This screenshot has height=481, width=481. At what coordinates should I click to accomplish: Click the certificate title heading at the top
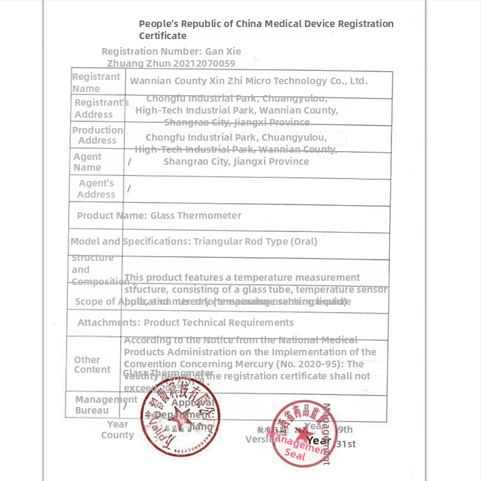[x=266, y=29]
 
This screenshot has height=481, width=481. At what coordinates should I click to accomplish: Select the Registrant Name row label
[x=96, y=82]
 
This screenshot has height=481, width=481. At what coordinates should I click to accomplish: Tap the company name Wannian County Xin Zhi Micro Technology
[x=248, y=81]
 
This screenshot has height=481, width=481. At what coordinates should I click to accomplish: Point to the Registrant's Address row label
[x=99, y=108]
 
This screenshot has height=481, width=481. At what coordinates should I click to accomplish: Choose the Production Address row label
[x=97, y=135]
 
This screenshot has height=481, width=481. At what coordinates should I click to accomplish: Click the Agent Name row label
[x=87, y=162]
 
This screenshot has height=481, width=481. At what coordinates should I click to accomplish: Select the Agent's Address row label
[x=96, y=188]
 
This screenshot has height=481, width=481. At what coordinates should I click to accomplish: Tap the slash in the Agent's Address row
[x=129, y=189]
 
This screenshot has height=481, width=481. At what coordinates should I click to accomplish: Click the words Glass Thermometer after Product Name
[x=195, y=215]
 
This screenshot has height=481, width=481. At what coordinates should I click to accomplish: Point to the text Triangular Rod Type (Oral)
[x=256, y=241]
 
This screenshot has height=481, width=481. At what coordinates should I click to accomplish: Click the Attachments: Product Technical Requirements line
[x=185, y=322]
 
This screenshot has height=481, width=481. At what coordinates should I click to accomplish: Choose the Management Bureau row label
[x=96, y=405]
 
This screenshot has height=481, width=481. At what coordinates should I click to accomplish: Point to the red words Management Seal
[x=299, y=447]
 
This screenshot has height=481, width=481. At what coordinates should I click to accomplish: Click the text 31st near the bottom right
[x=346, y=444]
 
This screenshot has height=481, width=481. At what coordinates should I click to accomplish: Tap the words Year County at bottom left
[x=117, y=429]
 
